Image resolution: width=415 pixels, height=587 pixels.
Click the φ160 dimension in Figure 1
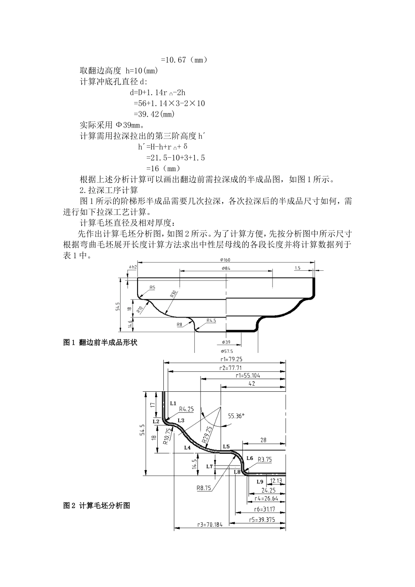pyautogui.click(x=226, y=260)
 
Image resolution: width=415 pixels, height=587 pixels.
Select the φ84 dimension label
pyautogui.click(x=226, y=268)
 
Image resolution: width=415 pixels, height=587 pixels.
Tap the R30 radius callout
pyautogui.click(x=173, y=293)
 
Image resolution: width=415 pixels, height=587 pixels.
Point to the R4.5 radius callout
pyautogui.click(x=211, y=320)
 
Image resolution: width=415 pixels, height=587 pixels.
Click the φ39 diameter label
pyautogui.click(x=226, y=342)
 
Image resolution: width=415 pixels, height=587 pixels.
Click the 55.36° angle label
pyautogui.click(x=236, y=416)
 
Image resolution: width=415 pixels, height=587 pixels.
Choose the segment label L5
pyautogui.click(x=226, y=446)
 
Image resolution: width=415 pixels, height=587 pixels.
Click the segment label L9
pyautogui.click(x=259, y=481)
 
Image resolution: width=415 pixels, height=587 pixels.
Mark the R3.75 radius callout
pyautogui.click(x=265, y=459)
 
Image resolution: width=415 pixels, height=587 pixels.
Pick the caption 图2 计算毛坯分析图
pyautogui.click(x=97, y=505)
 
